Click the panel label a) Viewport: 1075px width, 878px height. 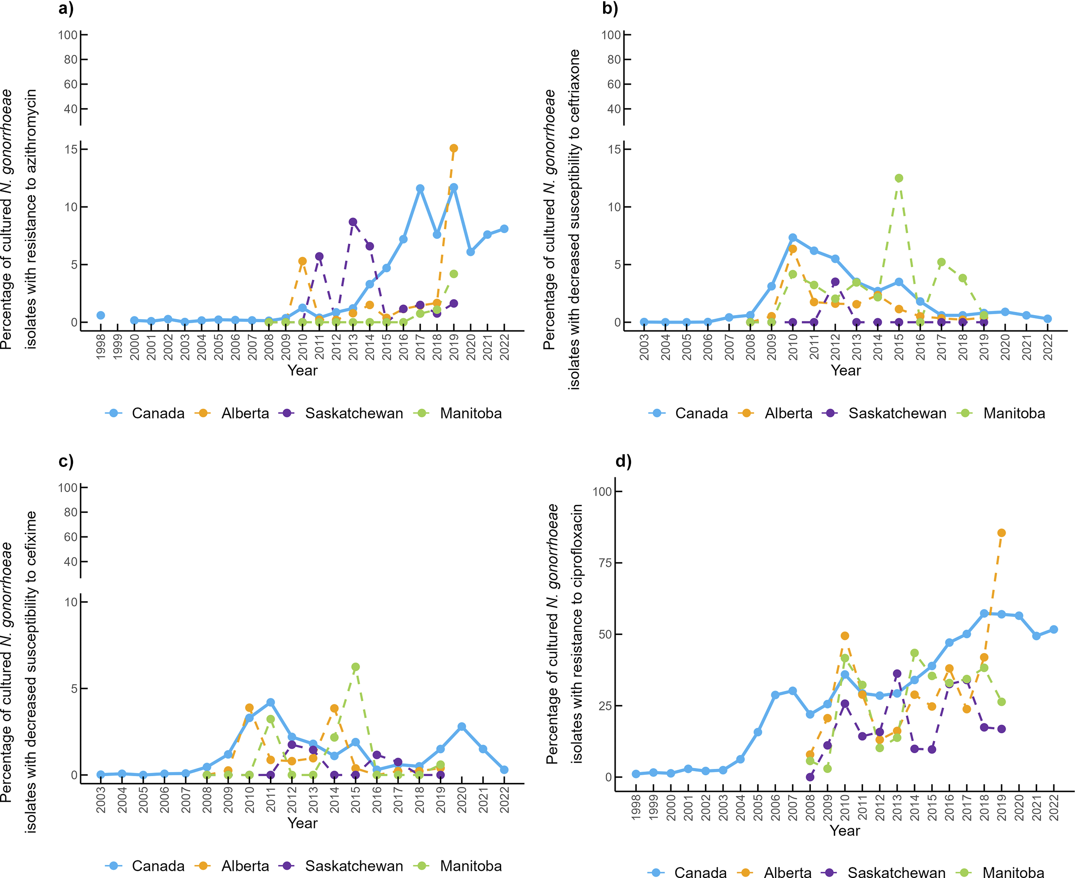point(66,9)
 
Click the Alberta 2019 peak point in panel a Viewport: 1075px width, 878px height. point(453,148)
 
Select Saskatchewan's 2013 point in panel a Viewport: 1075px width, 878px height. point(353,222)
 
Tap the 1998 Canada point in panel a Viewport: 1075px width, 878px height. point(101,315)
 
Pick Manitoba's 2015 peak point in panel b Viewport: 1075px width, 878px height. point(898,178)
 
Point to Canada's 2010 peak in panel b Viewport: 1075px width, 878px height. point(792,238)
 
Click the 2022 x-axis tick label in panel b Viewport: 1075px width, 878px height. point(1048,348)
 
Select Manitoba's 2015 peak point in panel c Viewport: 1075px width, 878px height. point(356,667)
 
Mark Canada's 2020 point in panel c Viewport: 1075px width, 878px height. point(462,726)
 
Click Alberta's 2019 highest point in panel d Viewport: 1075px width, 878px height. point(1001,533)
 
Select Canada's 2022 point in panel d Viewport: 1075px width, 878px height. point(1054,629)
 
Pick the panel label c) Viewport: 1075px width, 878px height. point(66,461)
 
